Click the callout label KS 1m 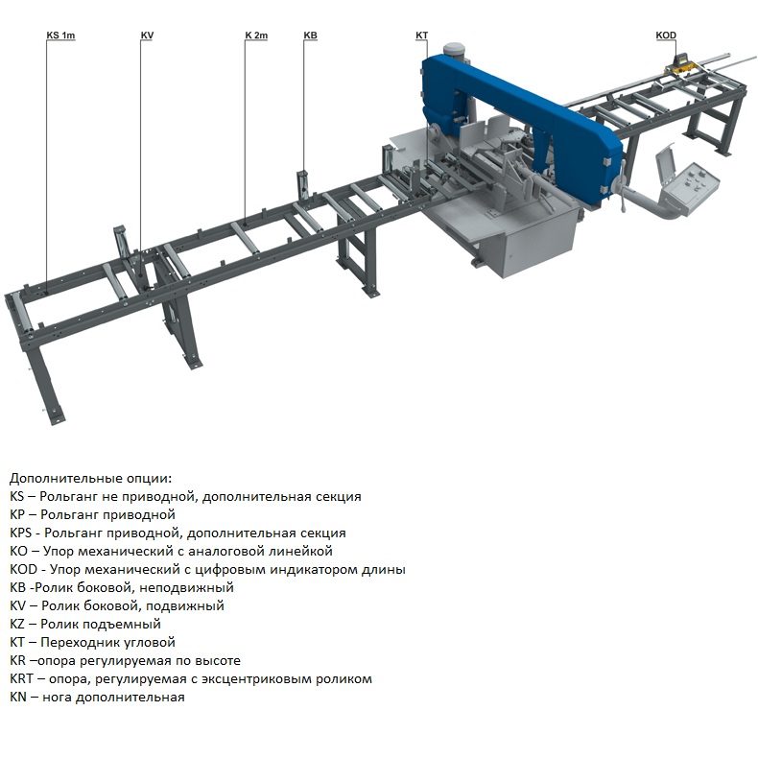(x=60, y=36)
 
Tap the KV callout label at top (x=147, y=36)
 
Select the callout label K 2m (x=256, y=36)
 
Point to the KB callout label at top (x=310, y=36)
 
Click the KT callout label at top (x=421, y=36)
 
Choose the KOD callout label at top (x=666, y=36)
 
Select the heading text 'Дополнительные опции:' (x=91, y=478)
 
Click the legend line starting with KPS (x=178, y=533)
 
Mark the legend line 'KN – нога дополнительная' (x=96, y=697)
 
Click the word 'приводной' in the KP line (x=145, y=514)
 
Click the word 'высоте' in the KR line (x=217, y=660)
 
